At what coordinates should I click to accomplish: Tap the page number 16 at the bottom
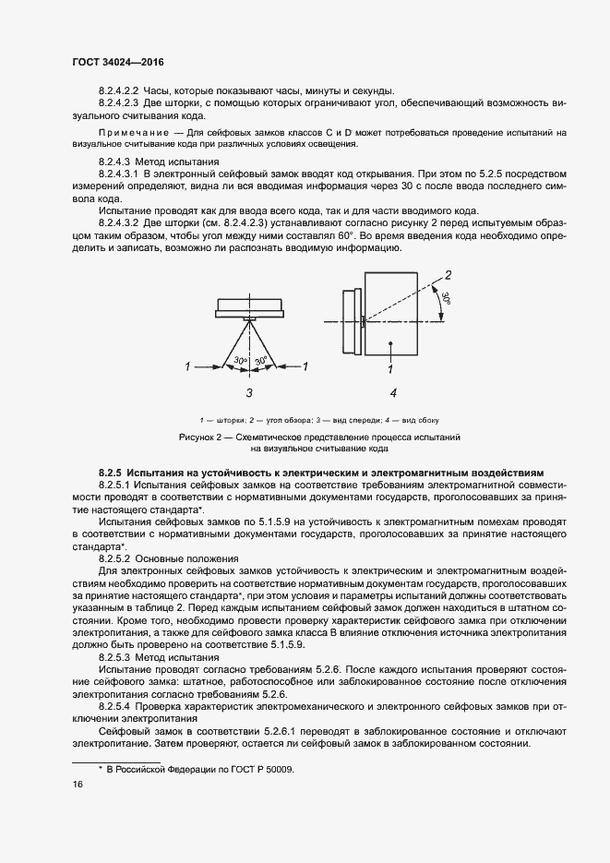[78, 784]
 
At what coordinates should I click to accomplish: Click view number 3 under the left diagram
[249, 392]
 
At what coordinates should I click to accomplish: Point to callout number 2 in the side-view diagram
[449, 274]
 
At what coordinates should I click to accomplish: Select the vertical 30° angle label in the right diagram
[446, 299]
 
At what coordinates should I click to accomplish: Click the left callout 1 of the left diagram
[187, 367]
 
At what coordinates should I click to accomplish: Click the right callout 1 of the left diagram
[305, 367]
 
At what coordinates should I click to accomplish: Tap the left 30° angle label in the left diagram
[239, 360]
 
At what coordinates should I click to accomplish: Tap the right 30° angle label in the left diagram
[261, 360]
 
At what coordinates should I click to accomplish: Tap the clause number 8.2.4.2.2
[117, 90]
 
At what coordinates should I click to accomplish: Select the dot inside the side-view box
[391, 343]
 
